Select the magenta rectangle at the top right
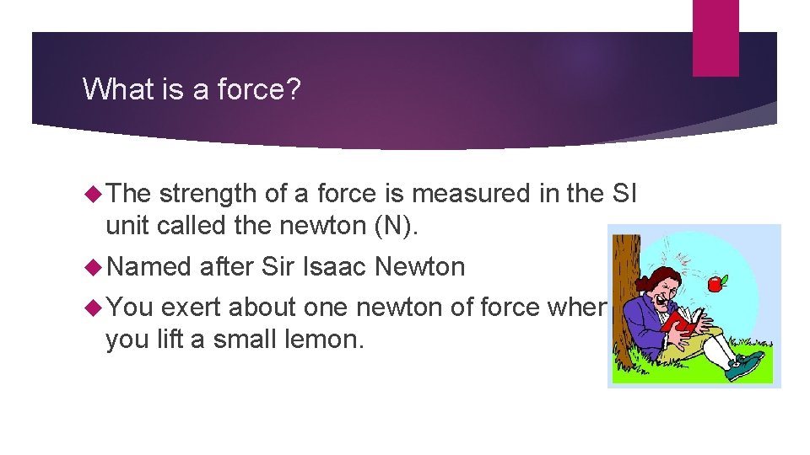715,37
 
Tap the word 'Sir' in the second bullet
277,267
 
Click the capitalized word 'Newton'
419,267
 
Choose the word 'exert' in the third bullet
192,308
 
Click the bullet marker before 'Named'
93,267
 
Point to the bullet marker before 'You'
93,308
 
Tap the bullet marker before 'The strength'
93,194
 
